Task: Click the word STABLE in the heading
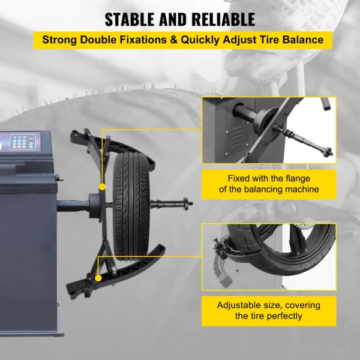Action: (130, 20)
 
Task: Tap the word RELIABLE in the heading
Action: (223, 20)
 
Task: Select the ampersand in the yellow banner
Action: (174, 40)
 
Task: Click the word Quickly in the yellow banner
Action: (200, 40)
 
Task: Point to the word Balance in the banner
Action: (302, 40)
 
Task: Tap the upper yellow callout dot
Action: (102, 187)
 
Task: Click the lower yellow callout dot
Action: (98, 278)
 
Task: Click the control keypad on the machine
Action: (23, 142)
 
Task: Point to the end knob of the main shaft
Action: (187, 203)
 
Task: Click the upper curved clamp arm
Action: (113, 148)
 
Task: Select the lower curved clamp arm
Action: (115, 272)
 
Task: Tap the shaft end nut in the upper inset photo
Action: (328, 152)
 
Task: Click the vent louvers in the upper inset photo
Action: (237, 137)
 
